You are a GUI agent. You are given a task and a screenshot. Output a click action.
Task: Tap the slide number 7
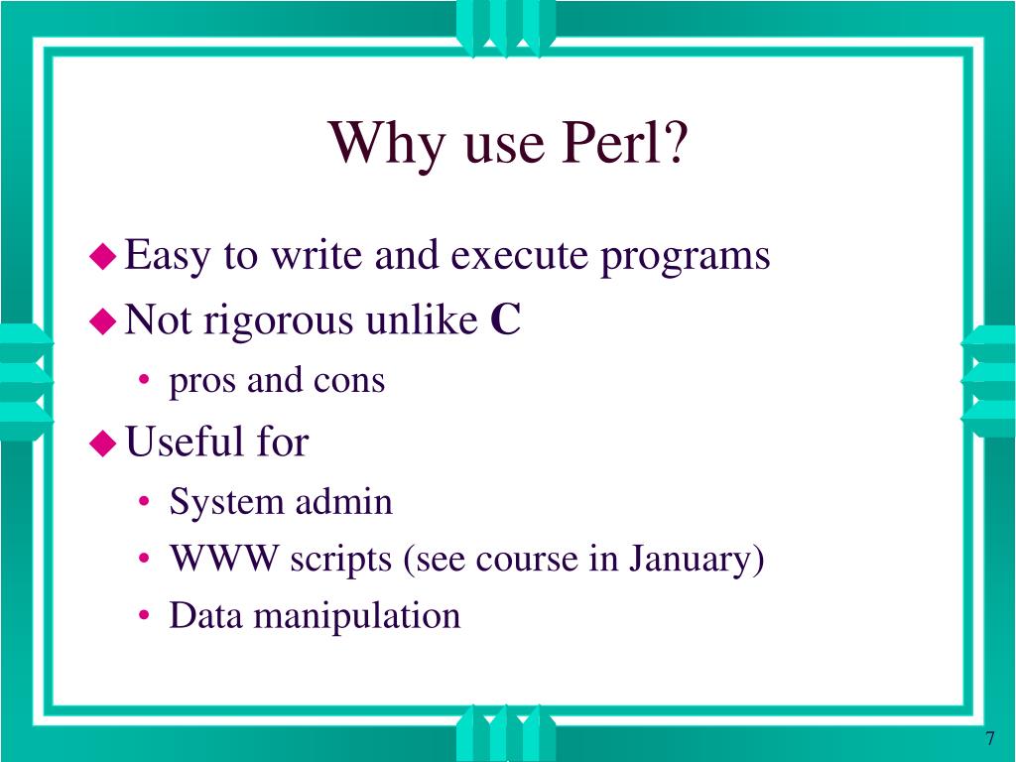pos(990,740)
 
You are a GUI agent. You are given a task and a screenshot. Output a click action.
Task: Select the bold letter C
pos(505,320)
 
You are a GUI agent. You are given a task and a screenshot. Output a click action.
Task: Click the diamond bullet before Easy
pos(102,257)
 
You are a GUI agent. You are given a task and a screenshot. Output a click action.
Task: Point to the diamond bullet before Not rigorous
pos(102,320)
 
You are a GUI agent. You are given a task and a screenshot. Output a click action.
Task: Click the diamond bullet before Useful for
pos(102,443)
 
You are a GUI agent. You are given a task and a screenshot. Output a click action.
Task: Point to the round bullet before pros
pos(146,382)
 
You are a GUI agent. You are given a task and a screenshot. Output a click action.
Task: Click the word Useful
pos(176,442)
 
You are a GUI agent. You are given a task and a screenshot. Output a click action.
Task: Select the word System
pos(226,502)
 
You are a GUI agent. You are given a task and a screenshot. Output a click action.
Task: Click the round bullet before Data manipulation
pos(146,617)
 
